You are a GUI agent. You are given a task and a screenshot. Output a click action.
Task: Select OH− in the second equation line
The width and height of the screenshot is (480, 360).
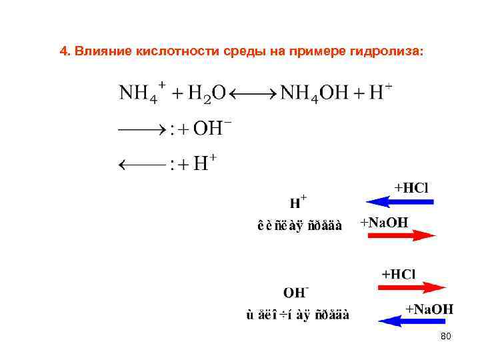(x=207, y=129)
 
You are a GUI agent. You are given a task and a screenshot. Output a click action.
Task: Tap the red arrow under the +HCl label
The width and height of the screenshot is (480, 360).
(x=411, y=287)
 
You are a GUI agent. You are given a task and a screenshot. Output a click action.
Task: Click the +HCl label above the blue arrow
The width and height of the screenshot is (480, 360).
(x=411, y=187)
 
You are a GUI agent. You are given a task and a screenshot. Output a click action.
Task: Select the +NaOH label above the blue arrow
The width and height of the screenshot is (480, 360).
(x=429, y=308)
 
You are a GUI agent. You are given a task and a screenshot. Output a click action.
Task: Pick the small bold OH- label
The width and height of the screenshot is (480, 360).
(x=295, y=293)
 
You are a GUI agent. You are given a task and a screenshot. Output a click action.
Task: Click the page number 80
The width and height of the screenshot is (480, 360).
(x=446, y=337)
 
